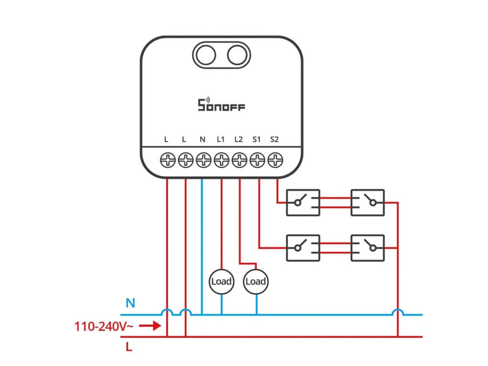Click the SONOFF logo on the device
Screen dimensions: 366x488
point(221,104)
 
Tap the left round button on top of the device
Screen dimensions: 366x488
point(204,55)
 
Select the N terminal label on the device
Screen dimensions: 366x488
point(203,140)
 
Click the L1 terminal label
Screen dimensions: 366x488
point(221,140)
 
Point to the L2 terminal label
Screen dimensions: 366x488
point(239,140)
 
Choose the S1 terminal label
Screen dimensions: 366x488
point(256,140)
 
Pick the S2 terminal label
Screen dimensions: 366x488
point(274,140)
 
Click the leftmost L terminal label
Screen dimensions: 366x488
point(166,140)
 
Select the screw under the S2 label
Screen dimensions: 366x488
point(275,160)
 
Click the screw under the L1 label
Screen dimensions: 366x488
point(221,160)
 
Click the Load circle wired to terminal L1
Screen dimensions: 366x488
point(221,281)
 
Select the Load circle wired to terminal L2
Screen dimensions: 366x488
point(255,281)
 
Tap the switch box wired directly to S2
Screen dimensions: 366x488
point(303,203)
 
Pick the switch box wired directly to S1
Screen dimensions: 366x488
point(303,248)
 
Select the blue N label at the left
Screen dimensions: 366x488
point(130,303)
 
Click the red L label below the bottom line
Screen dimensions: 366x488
point(129,347)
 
